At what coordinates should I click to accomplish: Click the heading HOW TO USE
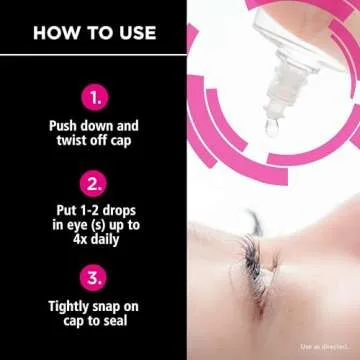coord(94,33)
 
